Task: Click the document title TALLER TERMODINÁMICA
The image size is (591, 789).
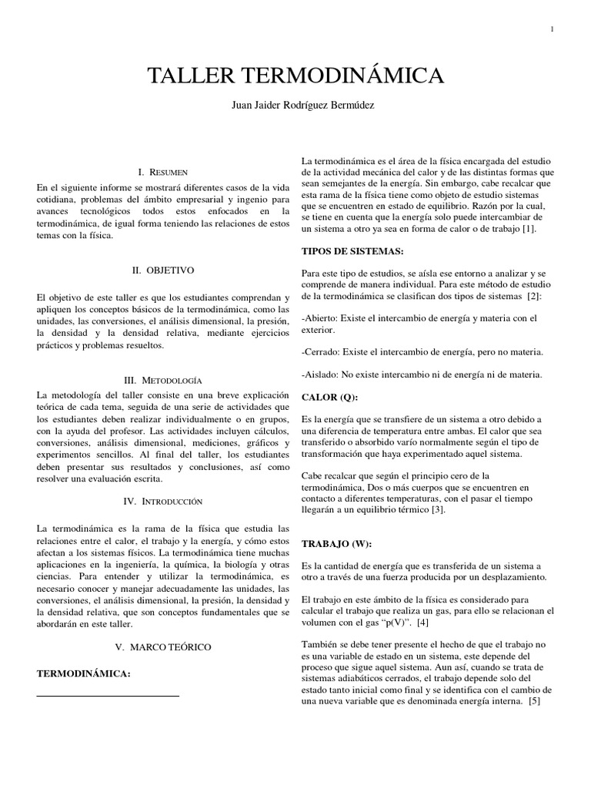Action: click(295, 76)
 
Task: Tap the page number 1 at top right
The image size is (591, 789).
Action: click(552, 29)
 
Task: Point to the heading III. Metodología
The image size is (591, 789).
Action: click(163, 380)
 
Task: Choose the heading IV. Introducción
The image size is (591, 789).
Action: click(163, 501)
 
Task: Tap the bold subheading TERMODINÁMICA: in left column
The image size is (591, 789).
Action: click(84, 673)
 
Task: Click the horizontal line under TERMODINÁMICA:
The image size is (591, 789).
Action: click(108, 696)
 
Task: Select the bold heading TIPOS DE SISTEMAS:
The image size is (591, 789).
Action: click(352, 251)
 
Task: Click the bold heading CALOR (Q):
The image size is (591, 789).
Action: click(329, 397)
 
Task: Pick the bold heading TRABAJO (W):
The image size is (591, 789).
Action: click(336, 544)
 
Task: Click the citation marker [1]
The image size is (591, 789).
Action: click(529, 230)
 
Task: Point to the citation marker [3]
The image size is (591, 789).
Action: click(437, 509)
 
